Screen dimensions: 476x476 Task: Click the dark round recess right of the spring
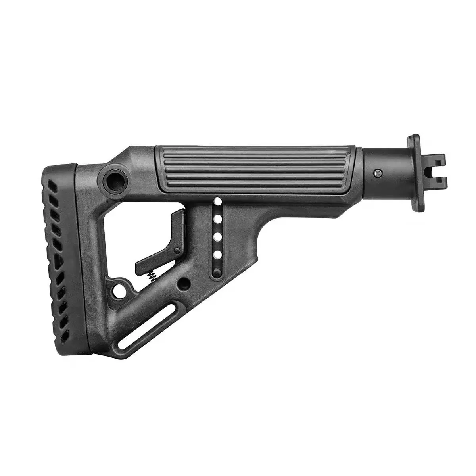tap(183, 283)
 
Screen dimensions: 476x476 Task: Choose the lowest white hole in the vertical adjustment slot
tap(217, 254)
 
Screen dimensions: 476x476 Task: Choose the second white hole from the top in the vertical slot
tap(217, 219)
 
